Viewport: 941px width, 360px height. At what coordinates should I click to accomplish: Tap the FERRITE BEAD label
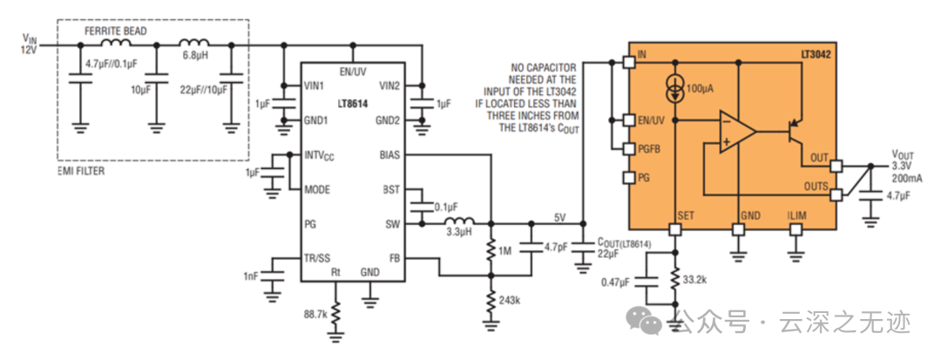coord(115,31)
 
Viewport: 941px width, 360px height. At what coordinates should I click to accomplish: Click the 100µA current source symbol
coord(676,86)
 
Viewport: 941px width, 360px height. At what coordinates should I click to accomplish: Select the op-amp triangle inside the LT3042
coord(735,132)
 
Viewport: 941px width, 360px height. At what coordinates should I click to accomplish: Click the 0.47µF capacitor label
coord(619,282)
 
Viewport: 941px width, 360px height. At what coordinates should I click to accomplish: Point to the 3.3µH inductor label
coord(458,233)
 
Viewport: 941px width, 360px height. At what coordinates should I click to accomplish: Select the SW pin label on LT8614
coord(391,224)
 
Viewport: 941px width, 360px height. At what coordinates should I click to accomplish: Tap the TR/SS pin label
coord(318,258)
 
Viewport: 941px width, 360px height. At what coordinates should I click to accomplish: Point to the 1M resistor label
coord(504,251)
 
